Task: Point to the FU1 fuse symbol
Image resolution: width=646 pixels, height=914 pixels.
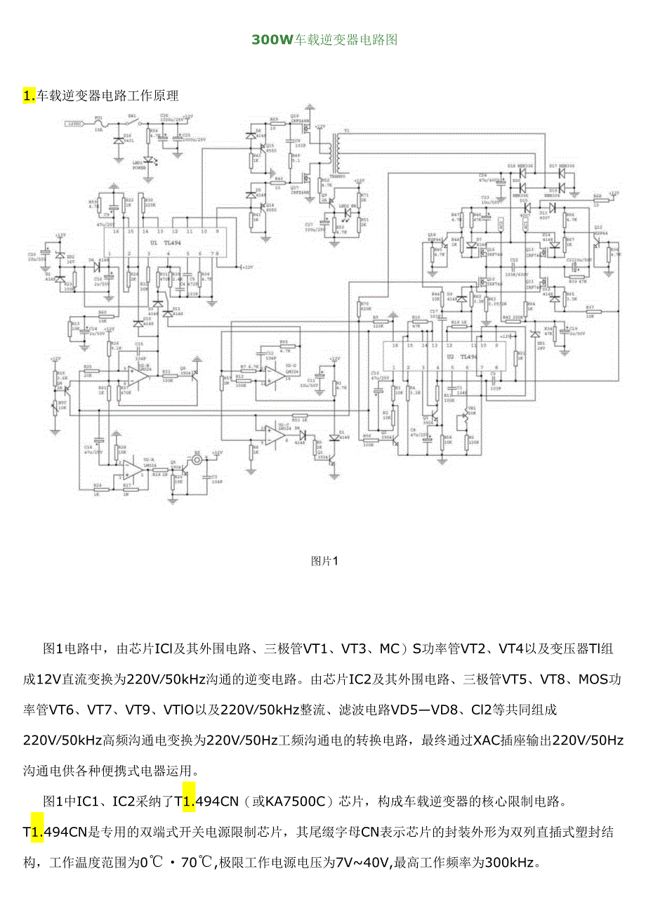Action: click(99, 124)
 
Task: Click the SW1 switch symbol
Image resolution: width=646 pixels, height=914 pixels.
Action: click(132, 124)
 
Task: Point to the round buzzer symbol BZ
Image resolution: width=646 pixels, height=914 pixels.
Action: click(197, 459)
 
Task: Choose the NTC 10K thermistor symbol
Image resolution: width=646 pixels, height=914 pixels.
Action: click(55, 406)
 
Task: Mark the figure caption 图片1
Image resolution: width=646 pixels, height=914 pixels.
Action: click(324, 561)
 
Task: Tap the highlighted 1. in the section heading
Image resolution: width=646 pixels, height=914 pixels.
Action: click(29, 96)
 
